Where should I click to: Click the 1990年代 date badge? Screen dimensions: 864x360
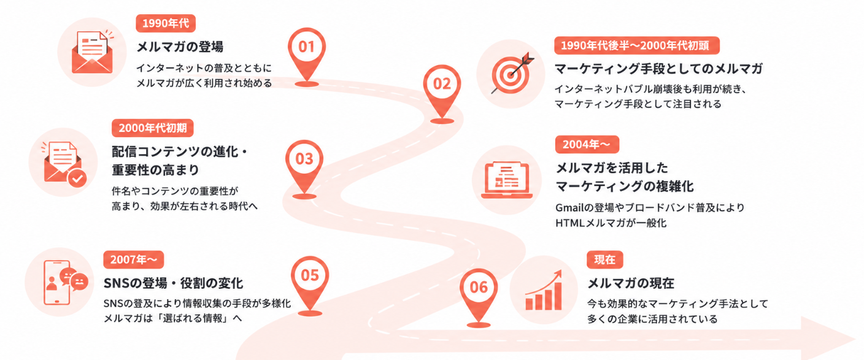166,23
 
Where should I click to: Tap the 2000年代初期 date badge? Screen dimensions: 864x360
153,128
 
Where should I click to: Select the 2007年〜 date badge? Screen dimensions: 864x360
133,260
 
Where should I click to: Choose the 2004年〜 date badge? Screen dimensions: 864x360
587,145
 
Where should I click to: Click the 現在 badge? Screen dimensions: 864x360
605,260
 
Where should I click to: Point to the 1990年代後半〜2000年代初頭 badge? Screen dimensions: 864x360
637,45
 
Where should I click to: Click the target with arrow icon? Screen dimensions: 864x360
512,73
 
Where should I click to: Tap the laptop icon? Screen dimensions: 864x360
507,180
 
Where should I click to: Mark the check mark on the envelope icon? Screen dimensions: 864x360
77,178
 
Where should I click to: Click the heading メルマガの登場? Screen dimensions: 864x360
180,47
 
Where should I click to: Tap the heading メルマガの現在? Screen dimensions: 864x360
631,283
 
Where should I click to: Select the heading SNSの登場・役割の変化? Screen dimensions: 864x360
173,283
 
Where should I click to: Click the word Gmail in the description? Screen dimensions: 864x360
569,208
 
